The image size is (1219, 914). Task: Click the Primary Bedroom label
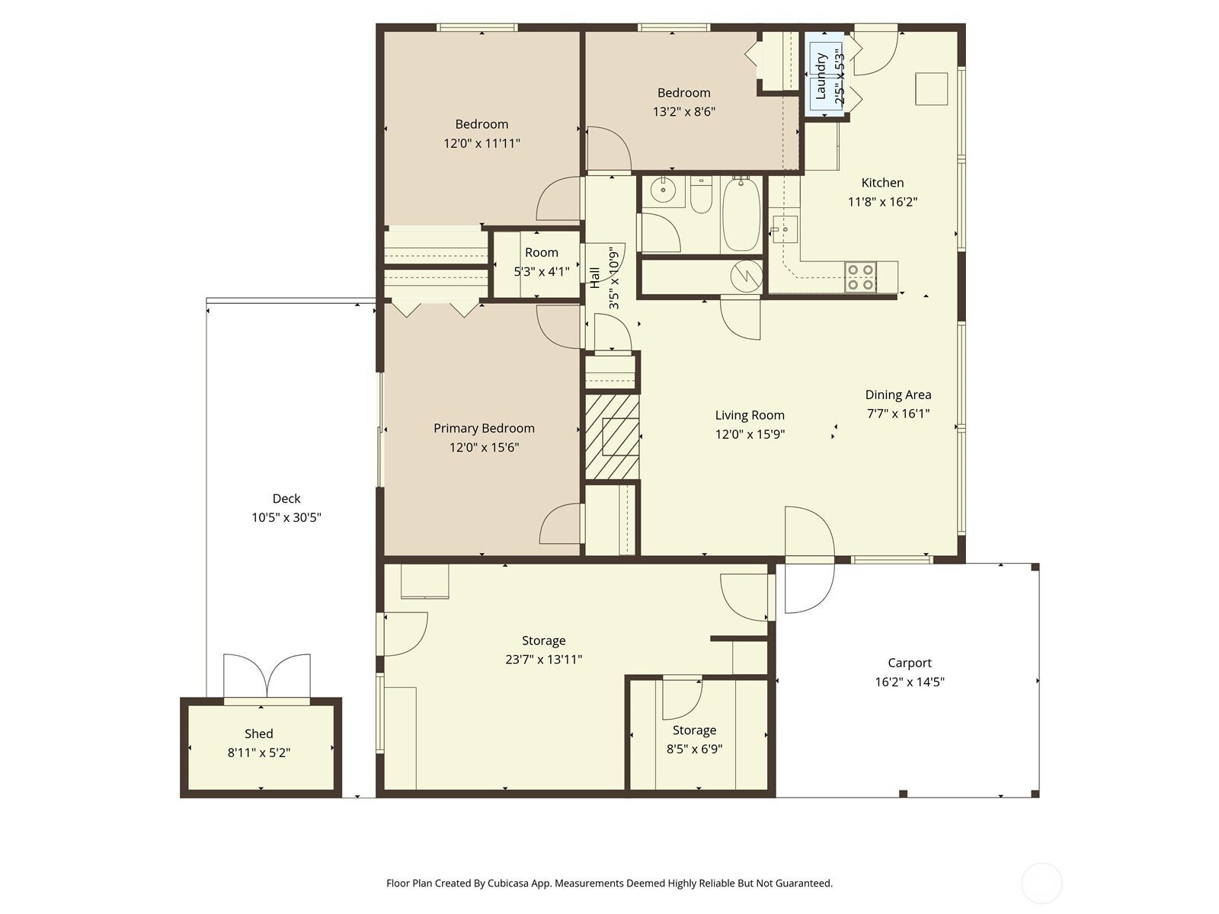point(484,428)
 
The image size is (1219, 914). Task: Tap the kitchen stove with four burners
point(860,277)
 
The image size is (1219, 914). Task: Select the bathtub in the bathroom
point(741,215)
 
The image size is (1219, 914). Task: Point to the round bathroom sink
point(663,190)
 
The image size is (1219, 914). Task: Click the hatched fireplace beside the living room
point(612,436)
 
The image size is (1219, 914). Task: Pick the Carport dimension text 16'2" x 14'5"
point(909,682)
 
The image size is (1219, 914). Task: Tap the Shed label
point(258,733)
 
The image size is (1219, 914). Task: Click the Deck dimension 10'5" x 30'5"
point(286,518)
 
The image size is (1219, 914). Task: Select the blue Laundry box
point(824,76)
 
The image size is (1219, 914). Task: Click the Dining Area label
point(897,395)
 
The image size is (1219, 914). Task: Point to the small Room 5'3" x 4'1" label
point(541,253)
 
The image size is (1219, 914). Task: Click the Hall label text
point(595,276)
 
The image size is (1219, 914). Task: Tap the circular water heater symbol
point(747,275)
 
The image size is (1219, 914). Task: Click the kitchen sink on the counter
point(783,227)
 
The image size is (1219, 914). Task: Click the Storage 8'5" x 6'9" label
point(694,730)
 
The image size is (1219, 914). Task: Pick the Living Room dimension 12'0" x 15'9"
point(749,435)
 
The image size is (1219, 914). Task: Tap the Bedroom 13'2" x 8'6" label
point(683,93)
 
